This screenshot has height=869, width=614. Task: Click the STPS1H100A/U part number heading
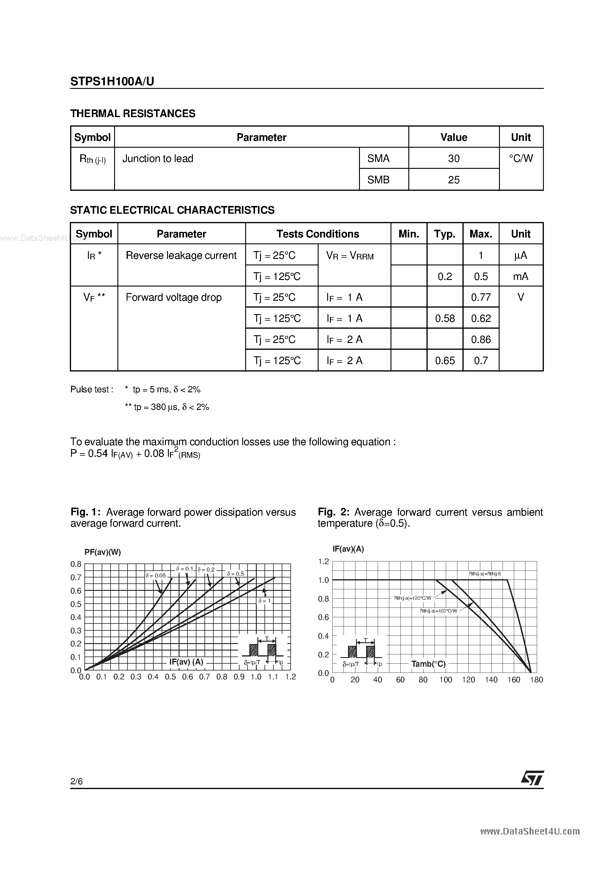pos(112,81)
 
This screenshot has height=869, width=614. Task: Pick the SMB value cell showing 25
pos(454,180)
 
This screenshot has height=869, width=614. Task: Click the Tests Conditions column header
pos(318,234)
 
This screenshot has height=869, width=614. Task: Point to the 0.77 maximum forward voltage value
pos(481,297)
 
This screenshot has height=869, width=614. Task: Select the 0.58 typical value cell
pos(445,319)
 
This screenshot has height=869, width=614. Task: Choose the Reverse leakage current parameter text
pos(181,256)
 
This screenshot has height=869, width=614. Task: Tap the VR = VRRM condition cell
pos(350,256)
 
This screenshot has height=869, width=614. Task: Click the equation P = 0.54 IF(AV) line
pos(135,454)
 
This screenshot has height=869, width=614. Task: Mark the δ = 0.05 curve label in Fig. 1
pos(156,576)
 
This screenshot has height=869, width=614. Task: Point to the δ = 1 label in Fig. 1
pos(265,601)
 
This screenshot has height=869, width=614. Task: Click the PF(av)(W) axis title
pos(103,552)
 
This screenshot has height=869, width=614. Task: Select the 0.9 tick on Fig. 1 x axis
pos(239,677)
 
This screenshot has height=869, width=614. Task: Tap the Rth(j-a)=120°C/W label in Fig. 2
pos(413,598)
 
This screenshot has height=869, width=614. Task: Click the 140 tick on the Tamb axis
pos(491,680)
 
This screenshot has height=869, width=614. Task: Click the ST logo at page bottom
pos(532,778)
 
